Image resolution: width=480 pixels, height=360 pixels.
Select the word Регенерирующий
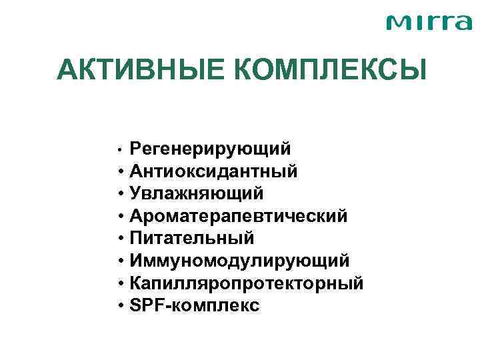[210, 148]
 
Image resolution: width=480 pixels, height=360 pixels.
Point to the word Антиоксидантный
[214, 171]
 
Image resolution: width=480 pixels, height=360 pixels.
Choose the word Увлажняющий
[197, 193]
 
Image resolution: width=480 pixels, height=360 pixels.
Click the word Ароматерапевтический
[239, 216]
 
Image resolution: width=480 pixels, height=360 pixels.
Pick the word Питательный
[193, 238]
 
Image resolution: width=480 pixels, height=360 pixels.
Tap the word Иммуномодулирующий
[240, 261]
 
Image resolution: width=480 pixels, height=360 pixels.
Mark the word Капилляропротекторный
[247, 283]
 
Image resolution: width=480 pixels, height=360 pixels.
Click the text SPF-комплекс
[195, 305]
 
